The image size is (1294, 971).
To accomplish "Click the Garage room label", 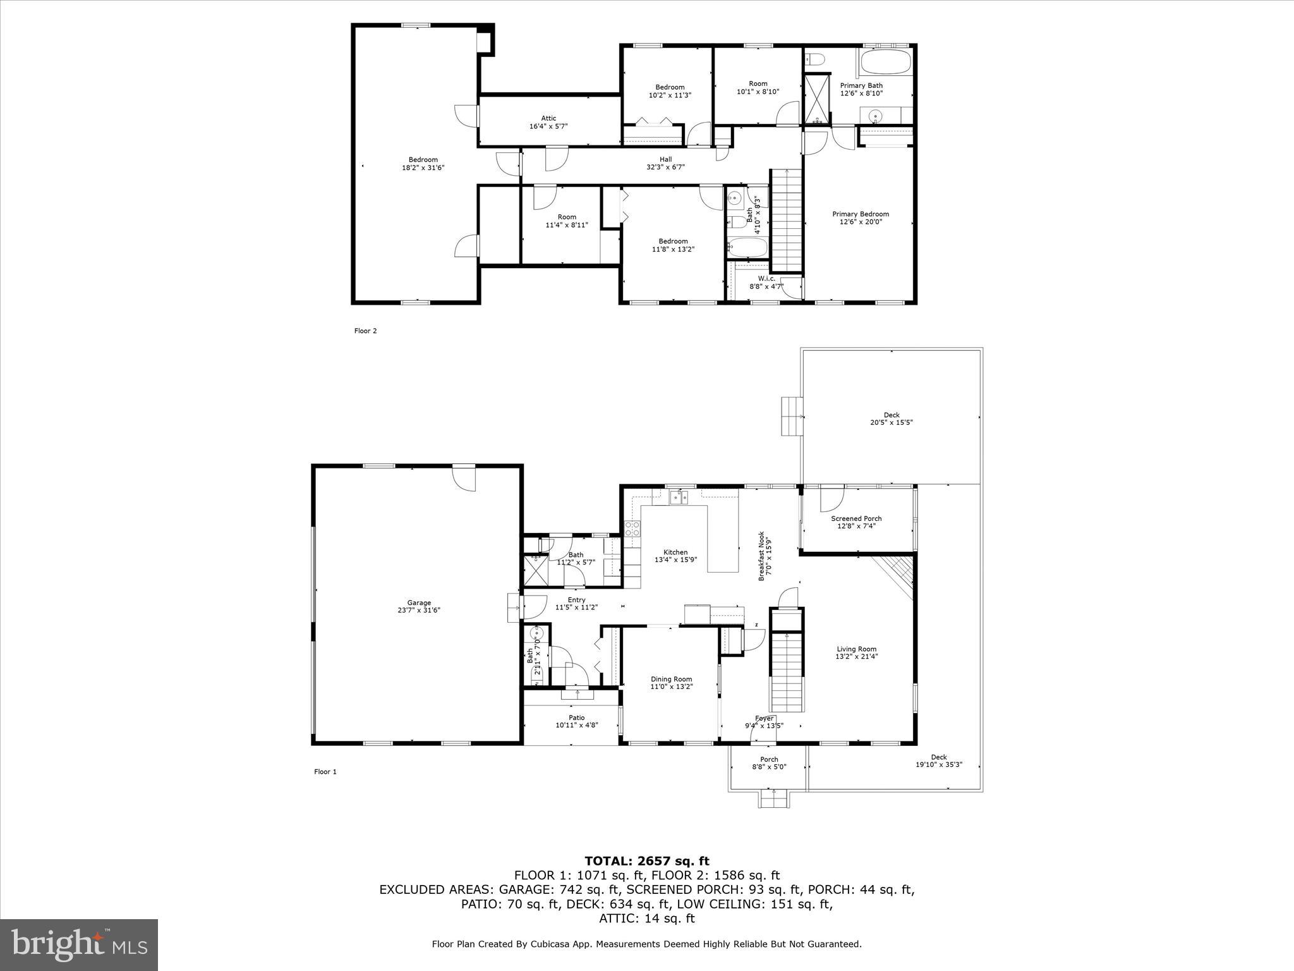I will [x=419, y=603].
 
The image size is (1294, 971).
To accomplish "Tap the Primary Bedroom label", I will [x=860, y=214].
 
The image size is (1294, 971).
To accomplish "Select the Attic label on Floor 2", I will [x=548, y=118].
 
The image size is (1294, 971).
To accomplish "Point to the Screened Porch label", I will [x=856, y=518].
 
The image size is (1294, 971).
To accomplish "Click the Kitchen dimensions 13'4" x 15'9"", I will [x=675, y=559].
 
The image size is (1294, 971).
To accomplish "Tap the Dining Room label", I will [x=672, y=679].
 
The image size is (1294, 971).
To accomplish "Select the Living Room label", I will [x=856, y=649].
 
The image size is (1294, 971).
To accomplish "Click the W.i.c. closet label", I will [x=766, y=279].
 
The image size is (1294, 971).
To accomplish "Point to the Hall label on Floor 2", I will [x=665, y=159].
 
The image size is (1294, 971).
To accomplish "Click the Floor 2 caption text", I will [x=365, y=331].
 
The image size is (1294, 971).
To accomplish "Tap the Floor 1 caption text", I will [x=325, y=771].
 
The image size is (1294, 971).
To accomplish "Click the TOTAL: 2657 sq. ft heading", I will [x=646, y=861].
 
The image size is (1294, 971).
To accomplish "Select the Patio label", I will [x=576, y=718].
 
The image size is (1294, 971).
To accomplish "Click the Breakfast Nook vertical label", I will [x=761, y=556].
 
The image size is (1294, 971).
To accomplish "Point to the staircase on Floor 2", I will [x=787, y=218].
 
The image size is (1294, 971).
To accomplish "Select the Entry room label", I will [x=576, y=600].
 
